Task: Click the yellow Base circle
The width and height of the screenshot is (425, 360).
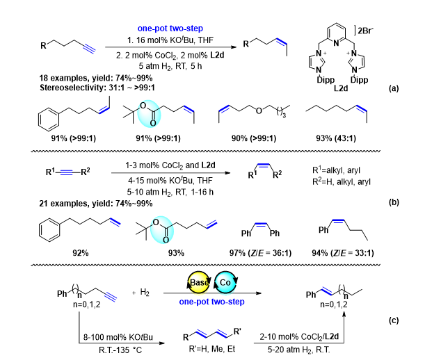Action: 199,283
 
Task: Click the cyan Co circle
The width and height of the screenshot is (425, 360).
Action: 225,283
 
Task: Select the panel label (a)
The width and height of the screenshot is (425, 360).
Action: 394,88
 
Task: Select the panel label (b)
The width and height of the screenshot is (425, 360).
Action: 394,202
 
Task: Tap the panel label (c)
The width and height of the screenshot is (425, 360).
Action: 394,320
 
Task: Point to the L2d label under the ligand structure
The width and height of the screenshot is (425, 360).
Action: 341,88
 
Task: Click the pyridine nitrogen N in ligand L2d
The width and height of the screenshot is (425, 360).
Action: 336,43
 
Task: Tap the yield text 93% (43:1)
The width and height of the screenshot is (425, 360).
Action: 336,138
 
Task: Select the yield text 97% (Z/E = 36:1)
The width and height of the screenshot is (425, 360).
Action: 260,253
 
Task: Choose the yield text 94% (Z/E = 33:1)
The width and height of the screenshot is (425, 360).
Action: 343,253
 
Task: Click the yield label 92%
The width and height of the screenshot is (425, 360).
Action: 81,253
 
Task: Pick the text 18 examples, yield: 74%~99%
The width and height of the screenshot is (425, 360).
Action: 96,78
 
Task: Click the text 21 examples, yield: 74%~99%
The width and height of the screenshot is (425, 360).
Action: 96,204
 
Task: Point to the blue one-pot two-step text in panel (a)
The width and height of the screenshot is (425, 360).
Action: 170,28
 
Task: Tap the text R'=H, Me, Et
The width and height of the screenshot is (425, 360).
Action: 212,349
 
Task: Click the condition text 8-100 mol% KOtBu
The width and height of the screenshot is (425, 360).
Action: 118,337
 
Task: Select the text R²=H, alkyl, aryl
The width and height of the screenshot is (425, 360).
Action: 342,182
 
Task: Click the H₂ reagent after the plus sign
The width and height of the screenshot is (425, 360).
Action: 145,293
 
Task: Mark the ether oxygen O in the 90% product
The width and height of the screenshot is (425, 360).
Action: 259,111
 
